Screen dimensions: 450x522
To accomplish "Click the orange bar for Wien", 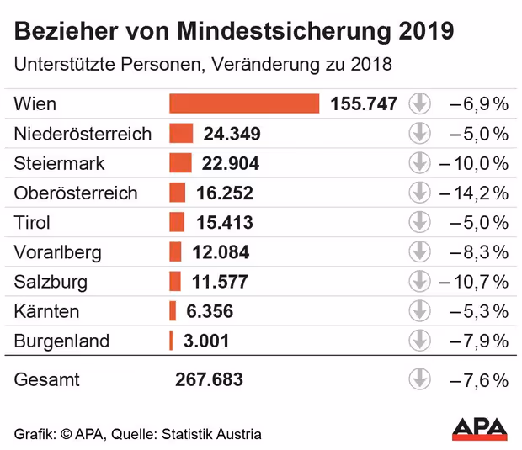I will (x=244, y=103).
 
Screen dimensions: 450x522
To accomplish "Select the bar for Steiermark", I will (x=180, y=163).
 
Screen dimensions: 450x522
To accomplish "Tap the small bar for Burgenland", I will (x=171, y=341).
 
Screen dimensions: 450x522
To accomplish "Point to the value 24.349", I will (x=232, y=134).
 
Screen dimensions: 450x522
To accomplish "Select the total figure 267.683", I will (x=209, y=379).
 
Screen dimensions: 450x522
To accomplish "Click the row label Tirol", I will (x=32, y=223).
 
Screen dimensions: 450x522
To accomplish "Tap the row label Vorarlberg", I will (x=57, y=252).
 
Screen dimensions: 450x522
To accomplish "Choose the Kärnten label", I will (x=46, y=311).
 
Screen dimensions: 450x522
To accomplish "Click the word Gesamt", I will (x=47, y=379).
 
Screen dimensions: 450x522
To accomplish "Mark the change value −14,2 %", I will (x=474, y=193).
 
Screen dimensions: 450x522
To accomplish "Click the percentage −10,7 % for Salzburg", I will (x=474, y=282).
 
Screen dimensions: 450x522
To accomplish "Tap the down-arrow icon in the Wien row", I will (x=419, y=104).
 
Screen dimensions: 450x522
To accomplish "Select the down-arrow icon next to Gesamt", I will (x=419, y=379).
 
